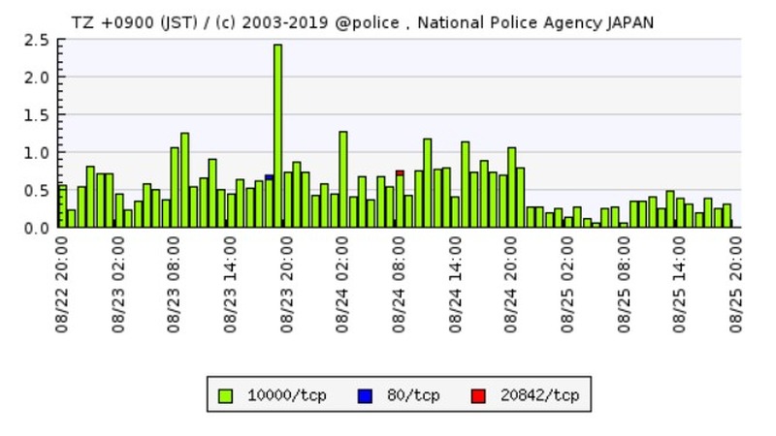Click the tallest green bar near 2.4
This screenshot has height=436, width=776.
pyautogui.click(x=277, y=136)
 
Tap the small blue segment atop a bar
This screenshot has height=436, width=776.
pyautogui.click(x=269, y=177)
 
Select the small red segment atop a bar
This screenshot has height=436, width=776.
pyautogui.click(x=400, y=172)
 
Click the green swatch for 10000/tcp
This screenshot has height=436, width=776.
pyautogui.click(x=226, y=394)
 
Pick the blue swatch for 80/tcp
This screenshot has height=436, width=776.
pyautogui.click(x=365, y=394)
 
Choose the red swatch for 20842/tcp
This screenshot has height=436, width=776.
pyautogui.click(x=478, y=394)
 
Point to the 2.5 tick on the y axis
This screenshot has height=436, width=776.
pyautogui.click(x=37, y=40)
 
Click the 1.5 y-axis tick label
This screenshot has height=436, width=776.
pyautogui.click(x=37, y=115)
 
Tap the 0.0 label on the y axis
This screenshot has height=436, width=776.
pyautogui.click(x=37, y=228)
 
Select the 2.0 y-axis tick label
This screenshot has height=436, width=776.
pyautogui.click(x=37, y=78)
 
